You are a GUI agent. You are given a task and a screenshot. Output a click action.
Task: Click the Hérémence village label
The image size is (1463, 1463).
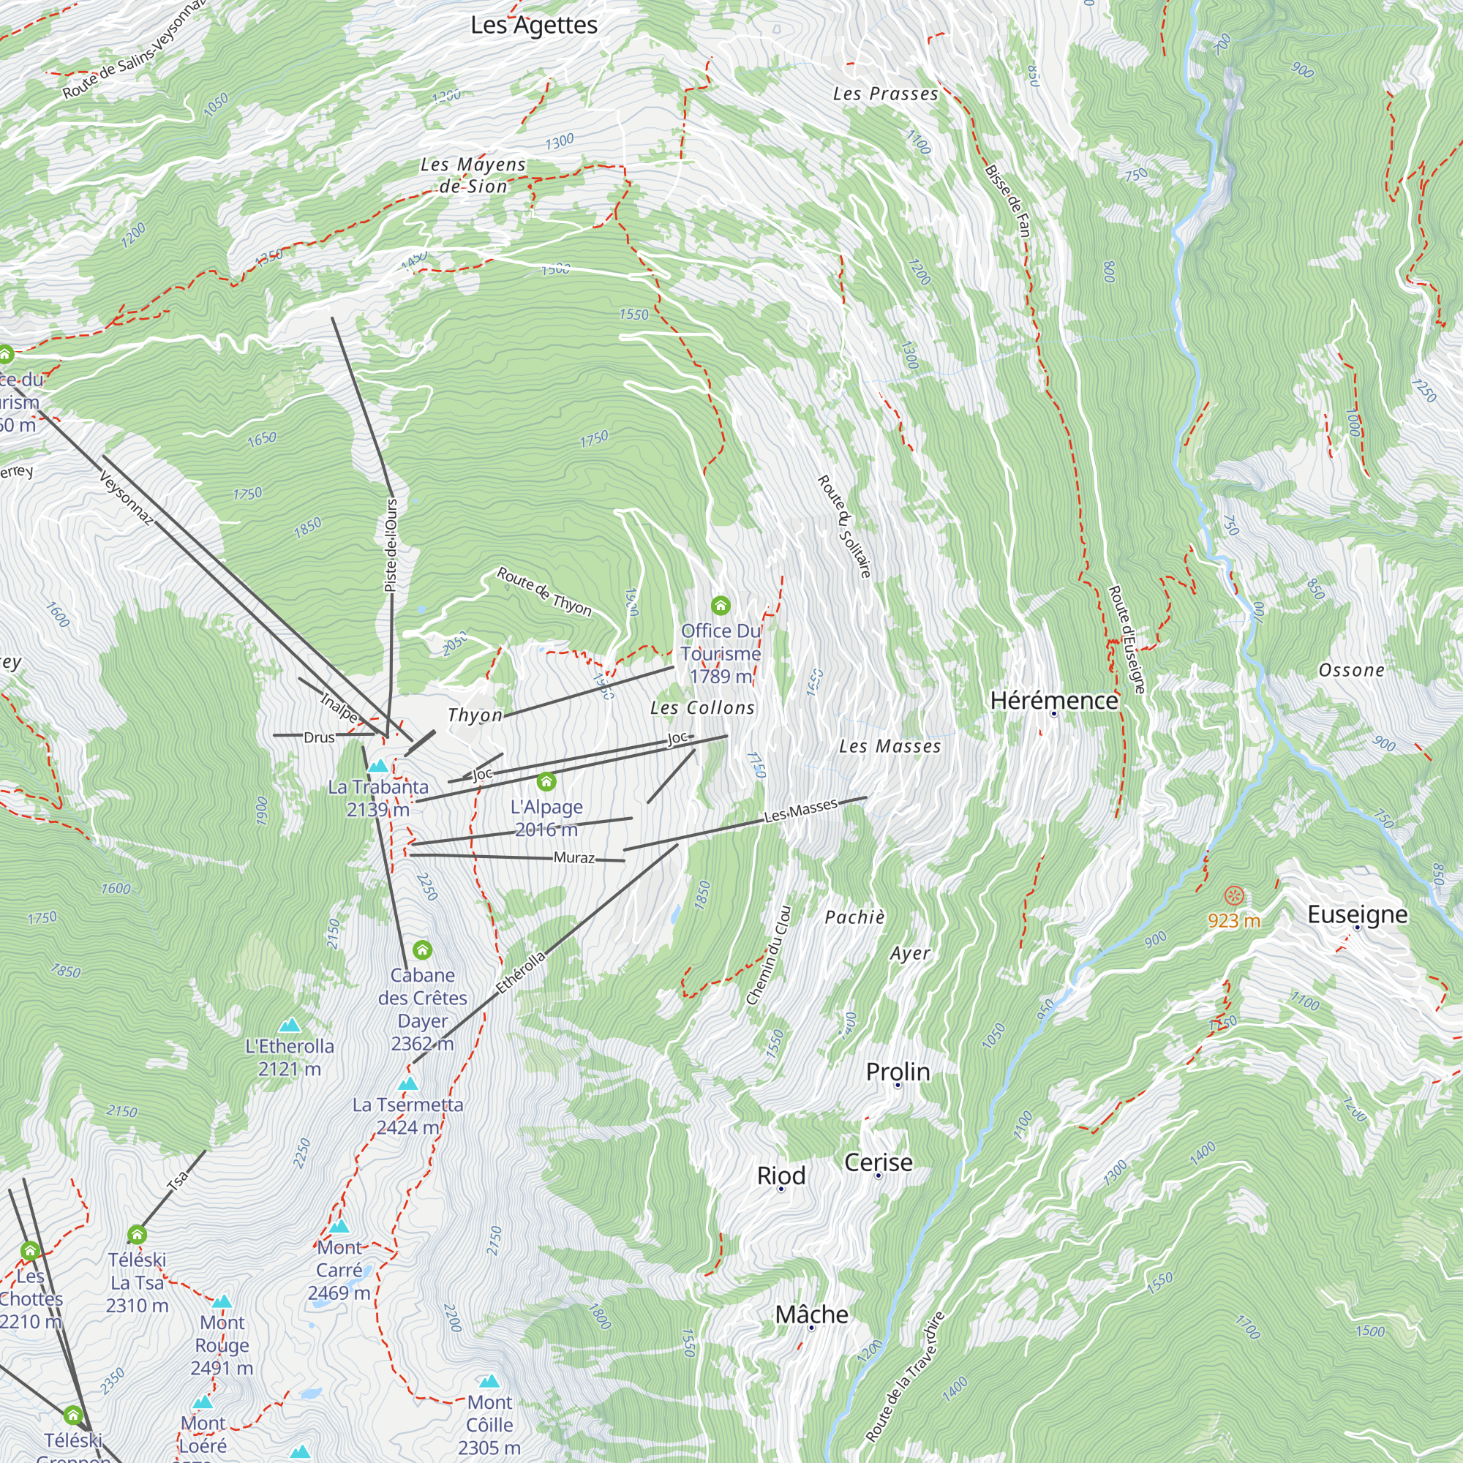point(1053,701)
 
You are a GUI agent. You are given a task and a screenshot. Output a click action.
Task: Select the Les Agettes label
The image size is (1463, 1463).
point(534,25)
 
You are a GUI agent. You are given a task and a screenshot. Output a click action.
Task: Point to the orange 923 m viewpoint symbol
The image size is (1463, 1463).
point(1233,897)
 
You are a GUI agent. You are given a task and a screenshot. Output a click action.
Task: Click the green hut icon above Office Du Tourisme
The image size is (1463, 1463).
point(720,605)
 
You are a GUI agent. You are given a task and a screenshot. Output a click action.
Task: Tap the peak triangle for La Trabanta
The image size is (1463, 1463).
point(378,766)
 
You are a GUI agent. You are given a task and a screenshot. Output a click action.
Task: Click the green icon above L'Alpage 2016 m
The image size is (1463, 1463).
point(546,781)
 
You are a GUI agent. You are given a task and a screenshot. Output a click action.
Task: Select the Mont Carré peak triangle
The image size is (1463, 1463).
point(339,1225)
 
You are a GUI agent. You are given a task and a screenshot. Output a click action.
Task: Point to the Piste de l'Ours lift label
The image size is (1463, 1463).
point(391,545)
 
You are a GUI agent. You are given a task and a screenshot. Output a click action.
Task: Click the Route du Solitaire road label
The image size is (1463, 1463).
point(844,527)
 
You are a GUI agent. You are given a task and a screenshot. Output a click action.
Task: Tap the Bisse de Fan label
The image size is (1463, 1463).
point(1008,200)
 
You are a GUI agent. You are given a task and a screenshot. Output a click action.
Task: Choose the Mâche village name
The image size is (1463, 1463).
point(811,1314)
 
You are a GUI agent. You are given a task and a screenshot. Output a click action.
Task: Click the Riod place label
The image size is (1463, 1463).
point(781,1176)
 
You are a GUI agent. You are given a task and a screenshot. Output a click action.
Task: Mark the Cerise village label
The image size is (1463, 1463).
point(878,1162)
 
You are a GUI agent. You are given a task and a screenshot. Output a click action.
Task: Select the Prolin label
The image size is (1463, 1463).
point(898,1072)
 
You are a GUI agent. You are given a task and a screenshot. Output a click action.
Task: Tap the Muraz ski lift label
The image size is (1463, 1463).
point(574,857)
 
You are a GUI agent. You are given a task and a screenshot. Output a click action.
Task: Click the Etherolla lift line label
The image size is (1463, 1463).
point(520,972)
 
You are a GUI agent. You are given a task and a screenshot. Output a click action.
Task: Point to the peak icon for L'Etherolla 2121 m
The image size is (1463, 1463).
point(289,1026)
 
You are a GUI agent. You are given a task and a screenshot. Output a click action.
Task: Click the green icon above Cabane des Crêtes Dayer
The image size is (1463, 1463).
point(423,949)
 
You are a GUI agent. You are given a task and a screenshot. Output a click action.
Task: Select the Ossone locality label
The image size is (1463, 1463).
point(1351,670)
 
